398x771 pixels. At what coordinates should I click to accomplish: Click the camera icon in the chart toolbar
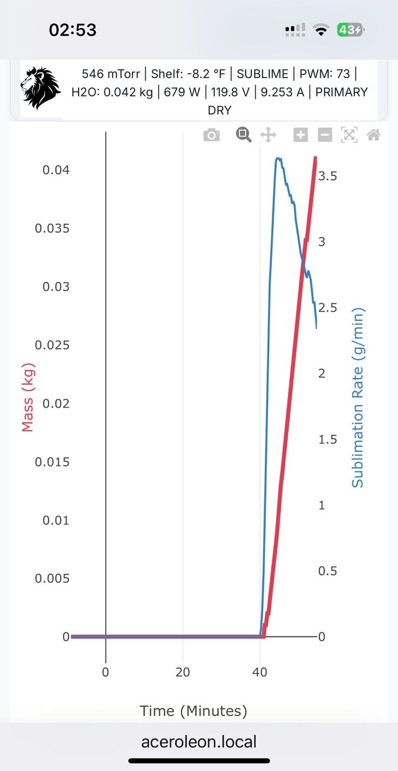pos(211,135)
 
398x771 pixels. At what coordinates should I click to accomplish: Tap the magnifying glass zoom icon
pos(244,135)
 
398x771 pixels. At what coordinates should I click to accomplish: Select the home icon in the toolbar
pos(373,135)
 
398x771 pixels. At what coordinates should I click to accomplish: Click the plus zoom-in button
pos(300,135)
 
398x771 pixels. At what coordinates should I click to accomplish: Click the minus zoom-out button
pos(325,135)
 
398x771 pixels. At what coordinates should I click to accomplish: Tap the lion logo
pos(41,87)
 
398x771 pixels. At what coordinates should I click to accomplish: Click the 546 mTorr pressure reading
pos(111,74)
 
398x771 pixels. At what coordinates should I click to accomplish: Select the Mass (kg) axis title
pos(28,397)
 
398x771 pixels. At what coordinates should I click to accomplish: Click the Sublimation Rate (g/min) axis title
pos(358,397)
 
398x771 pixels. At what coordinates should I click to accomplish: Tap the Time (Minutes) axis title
pos(193,711)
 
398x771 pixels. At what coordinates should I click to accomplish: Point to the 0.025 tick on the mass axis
pos(52,345)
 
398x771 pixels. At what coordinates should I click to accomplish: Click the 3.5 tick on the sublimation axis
pos(328,176)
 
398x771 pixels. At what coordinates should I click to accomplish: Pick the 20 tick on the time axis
pos(183,672)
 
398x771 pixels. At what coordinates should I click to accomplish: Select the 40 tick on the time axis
pos(260,672)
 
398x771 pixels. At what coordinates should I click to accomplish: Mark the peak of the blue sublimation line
pos(278,159)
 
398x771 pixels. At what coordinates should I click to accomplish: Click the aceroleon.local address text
pos(198,742)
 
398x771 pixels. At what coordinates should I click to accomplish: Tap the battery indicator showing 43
pos(350,30)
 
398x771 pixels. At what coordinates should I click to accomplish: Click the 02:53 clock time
pos(72,30)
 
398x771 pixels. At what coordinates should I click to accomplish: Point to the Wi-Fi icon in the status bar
pos(322,30)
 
